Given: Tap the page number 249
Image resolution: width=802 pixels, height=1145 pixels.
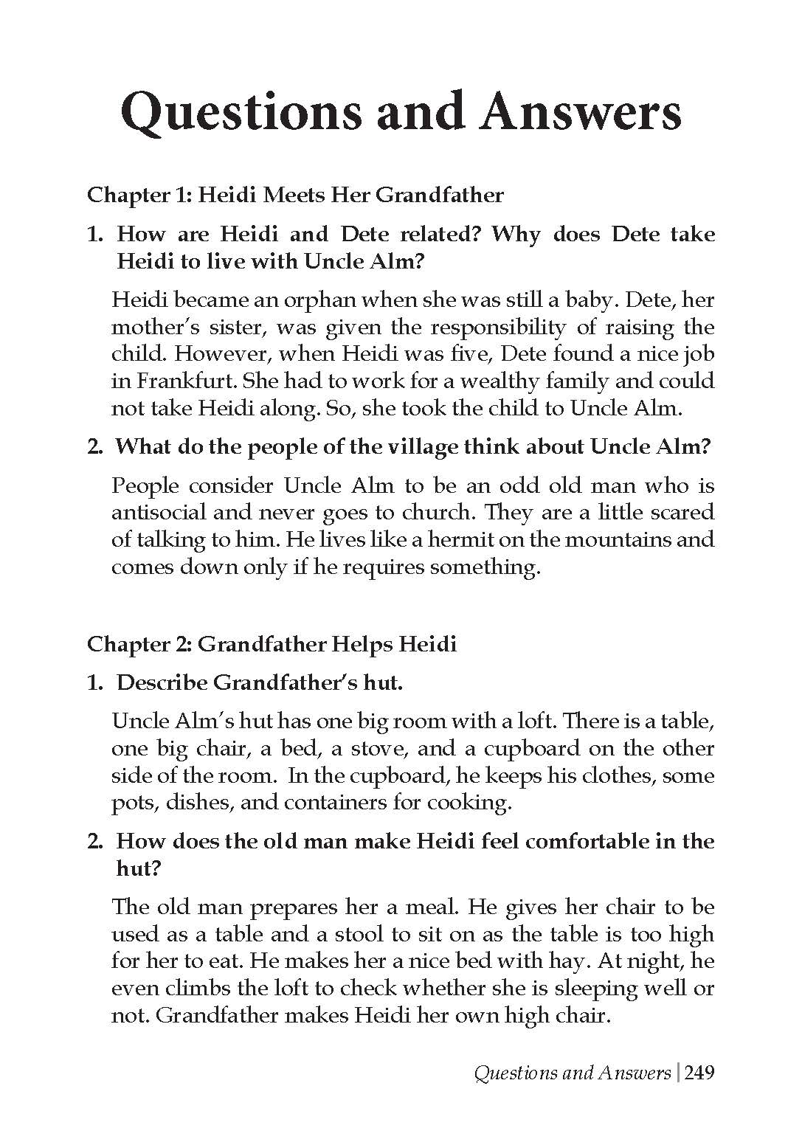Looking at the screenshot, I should click(x=699, y=1073).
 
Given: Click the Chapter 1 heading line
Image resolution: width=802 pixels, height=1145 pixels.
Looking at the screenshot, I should click(x=295, y=196).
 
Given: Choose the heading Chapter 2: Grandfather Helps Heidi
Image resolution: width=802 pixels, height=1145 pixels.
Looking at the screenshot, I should click(x=272, y=644).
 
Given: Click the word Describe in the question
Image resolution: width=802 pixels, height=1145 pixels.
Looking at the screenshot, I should click(x=162, y=682).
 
